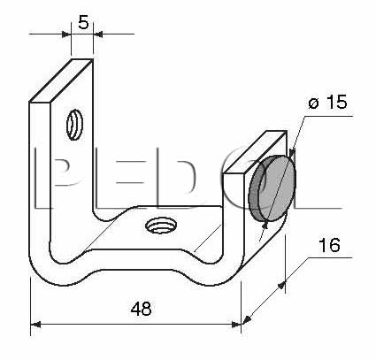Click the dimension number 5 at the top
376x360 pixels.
click(83, 22)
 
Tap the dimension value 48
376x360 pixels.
click(142, 309)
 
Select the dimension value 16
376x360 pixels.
click(329, 245)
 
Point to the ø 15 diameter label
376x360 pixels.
click(327, 102)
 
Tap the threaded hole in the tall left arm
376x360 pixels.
click(74, 125)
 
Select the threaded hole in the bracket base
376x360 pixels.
click(161, 226)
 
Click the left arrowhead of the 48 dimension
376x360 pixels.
click(35, 325)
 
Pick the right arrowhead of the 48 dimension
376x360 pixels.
click(236, 325)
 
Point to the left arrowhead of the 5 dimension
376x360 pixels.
click(66, 34)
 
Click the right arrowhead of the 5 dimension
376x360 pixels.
click(98, 34)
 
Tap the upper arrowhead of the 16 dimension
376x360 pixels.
click(282, 285)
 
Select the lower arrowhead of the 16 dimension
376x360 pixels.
click(247, 319)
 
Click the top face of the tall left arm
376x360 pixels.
click(61, 80)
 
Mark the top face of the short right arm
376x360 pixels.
click(255, 152)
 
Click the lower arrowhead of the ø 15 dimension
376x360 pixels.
click(265, 225)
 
